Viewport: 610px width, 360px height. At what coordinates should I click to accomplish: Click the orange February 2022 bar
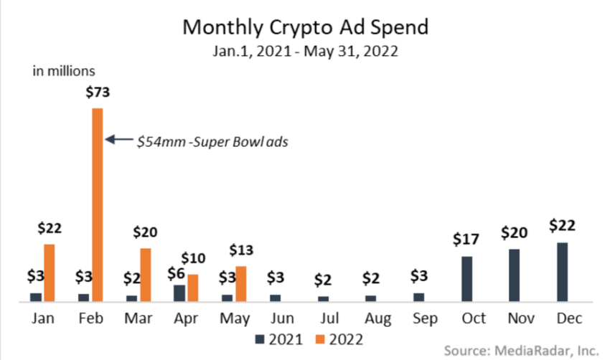tap(97, 204)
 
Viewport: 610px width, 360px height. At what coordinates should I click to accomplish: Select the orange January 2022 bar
tap(50, 273)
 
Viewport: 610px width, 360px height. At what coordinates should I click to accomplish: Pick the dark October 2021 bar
tap(467, 278)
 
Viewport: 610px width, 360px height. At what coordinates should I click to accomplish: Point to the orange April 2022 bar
tap(193, 288)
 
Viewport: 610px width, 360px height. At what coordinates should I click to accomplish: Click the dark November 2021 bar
tap(515, 275)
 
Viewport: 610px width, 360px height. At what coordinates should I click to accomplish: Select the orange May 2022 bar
tap(241, 283)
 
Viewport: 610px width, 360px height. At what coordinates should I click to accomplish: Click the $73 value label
tap(97, 93)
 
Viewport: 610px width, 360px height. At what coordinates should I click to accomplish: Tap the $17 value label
tap(467, 240)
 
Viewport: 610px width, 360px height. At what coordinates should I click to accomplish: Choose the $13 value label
tap(241, 250)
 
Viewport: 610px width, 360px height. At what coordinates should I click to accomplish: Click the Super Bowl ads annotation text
tap(212, 141)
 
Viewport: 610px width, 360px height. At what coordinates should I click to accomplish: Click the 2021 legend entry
tap(278, 337)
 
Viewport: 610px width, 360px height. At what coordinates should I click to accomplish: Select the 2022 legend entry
tap(334, 337)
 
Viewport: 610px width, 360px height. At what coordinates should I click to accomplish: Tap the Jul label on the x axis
tap(324, 318)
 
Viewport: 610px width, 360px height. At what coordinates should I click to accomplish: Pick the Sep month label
tap(419, 318)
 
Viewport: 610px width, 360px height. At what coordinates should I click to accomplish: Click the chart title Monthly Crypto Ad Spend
tap(305, 27)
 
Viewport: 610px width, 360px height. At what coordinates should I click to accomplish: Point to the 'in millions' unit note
tap(64, 70)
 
